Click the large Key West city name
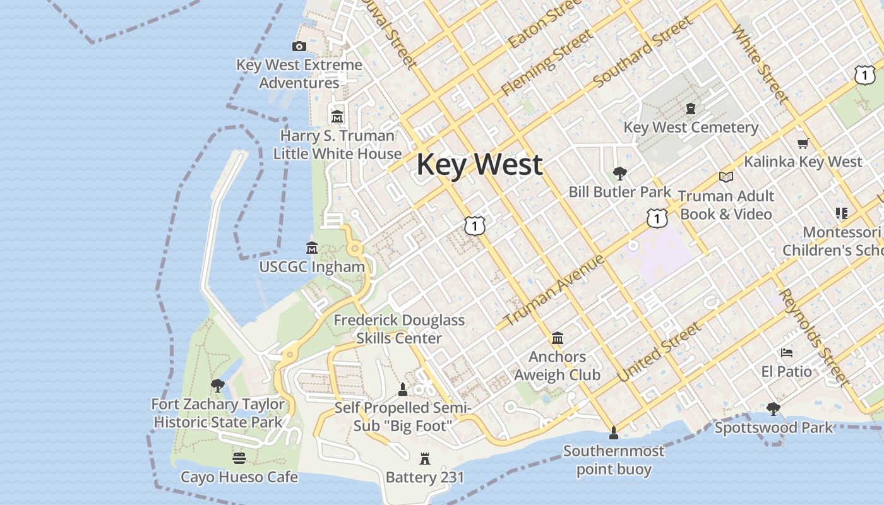(479, 165)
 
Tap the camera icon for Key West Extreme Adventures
(299, 46)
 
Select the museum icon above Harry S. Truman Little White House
(337, 117)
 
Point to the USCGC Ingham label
(312, 267)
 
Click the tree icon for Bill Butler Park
(620, 173)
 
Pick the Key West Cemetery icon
(691, 109)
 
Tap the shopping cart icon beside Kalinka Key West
(803, 143)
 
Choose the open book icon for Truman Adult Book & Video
(726, 177)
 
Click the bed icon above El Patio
(786, 353)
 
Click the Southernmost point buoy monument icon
(613, 433)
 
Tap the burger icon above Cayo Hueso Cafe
(239, 458)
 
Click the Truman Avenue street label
(554, 290)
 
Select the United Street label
(659, 352)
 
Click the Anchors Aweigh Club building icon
(558, 338)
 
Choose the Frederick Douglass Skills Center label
(399, 329)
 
